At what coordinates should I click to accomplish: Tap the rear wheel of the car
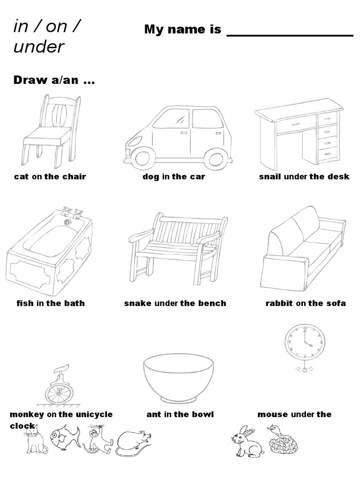[215, 158]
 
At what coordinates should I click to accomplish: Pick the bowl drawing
[179, 377]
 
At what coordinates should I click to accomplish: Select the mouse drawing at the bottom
[134, 443]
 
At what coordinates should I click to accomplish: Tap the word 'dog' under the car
[151, 177]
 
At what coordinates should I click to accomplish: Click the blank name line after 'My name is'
[290, 35]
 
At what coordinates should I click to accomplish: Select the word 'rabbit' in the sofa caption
[279, 303]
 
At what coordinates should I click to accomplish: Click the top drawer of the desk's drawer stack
[327, 118]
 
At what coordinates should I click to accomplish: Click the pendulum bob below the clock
[305, 370]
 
